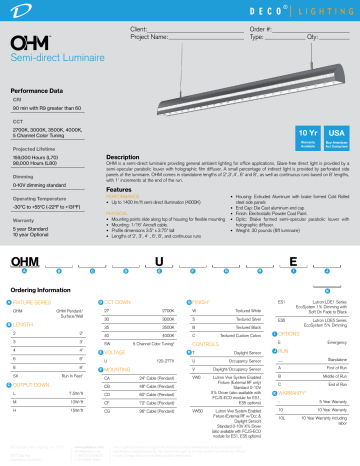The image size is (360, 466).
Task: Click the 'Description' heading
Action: (x=129, y=157)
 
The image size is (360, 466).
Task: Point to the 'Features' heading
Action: (x=124, y=189)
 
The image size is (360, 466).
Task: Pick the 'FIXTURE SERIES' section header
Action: (x=37, y=301)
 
